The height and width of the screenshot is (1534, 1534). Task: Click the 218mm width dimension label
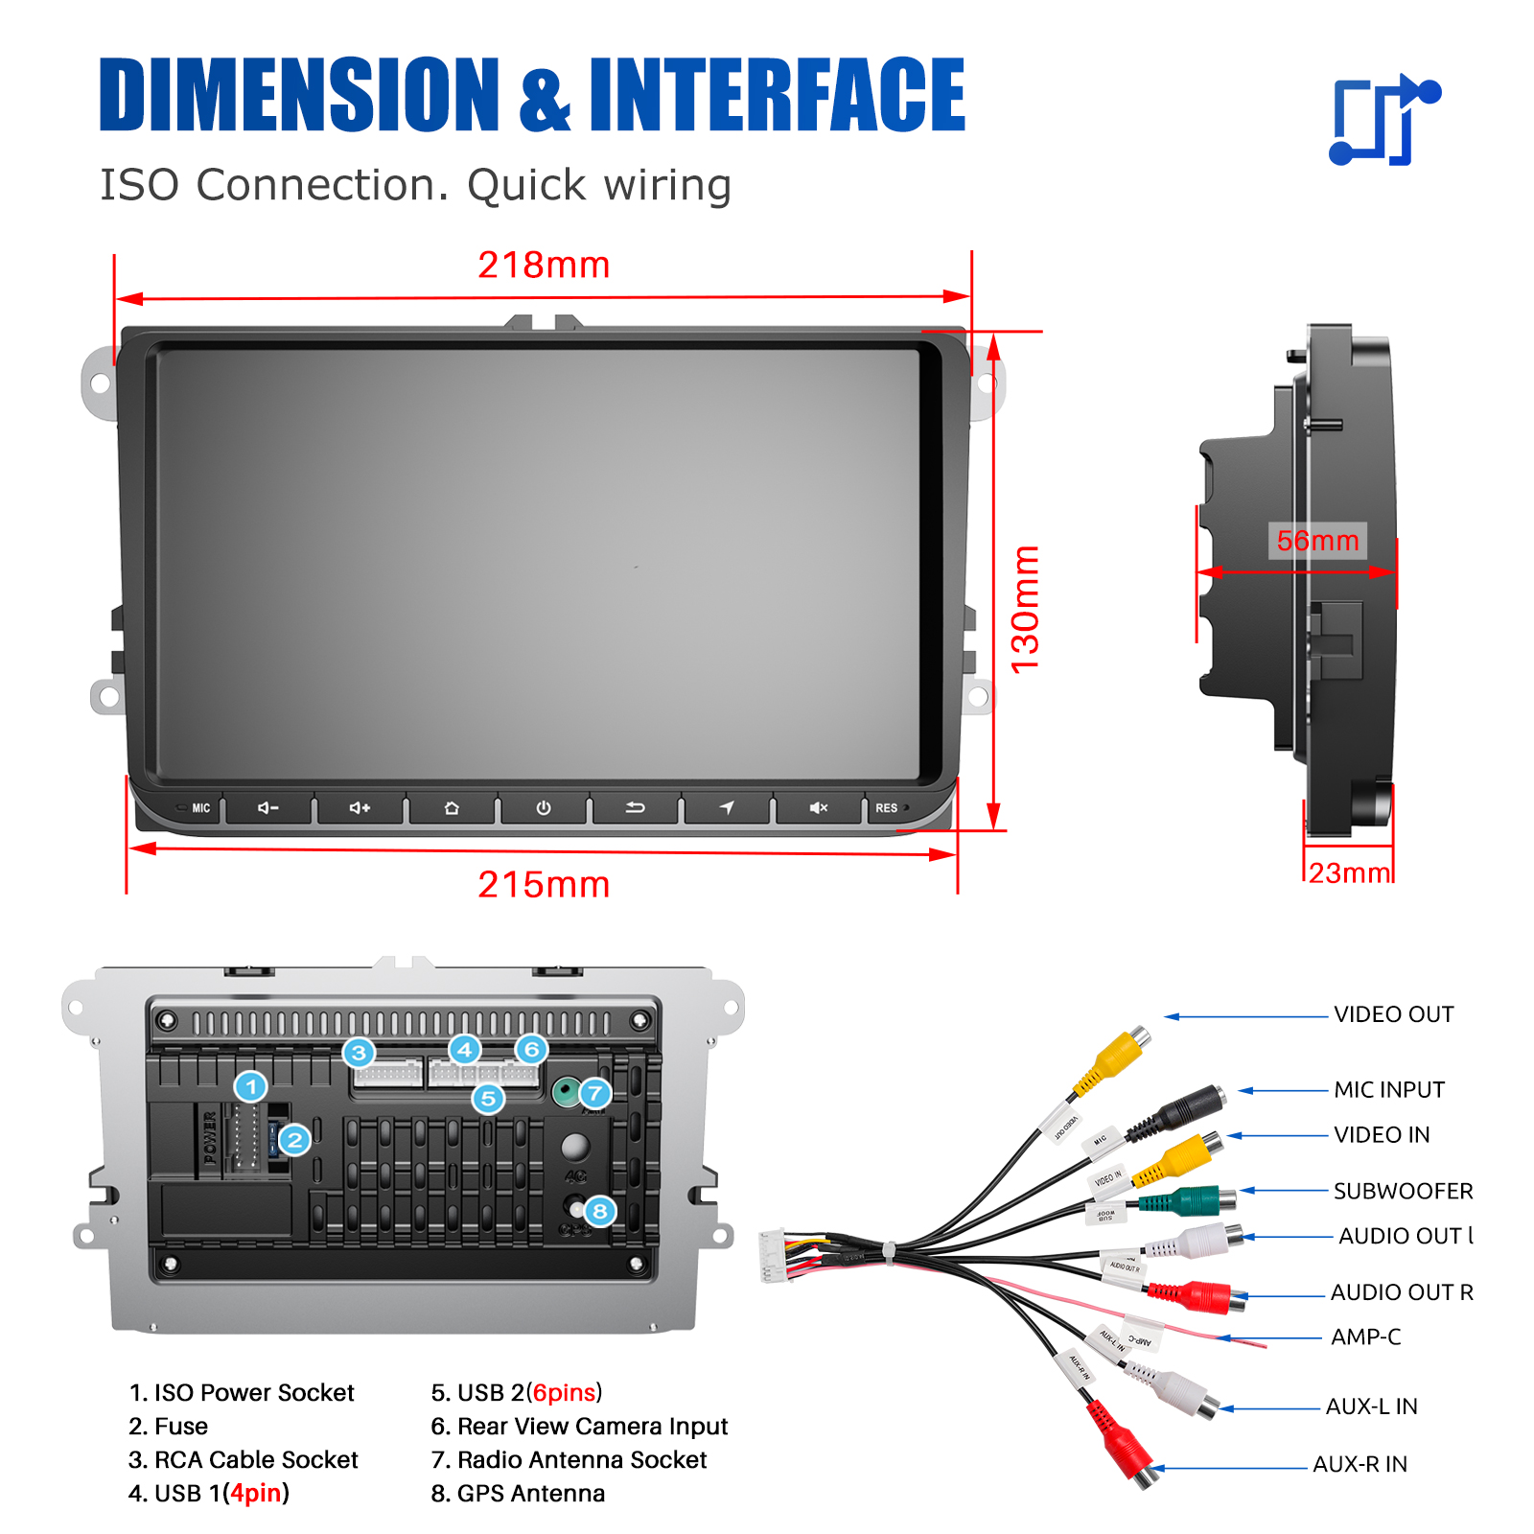click(544, 265)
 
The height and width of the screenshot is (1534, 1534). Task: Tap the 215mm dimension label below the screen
click(544, 884)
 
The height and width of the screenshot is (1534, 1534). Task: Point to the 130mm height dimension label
click(1025, 609)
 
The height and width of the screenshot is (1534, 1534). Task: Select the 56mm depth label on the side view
click(1317, 541)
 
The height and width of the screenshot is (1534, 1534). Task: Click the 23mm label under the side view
click(1349, 873)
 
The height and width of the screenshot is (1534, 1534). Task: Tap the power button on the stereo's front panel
click(543, 808)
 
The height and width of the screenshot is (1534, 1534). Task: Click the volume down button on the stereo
click(267, 808)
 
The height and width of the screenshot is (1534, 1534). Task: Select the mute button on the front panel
click(818, 808)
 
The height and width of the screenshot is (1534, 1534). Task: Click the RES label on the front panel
click(887, 808)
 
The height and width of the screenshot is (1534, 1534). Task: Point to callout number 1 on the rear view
click(251, 1087)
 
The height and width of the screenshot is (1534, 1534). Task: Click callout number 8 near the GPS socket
click(600, 1211)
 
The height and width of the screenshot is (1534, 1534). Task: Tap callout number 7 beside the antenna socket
click(595, 1093)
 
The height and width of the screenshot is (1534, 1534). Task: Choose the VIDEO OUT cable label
click(1393, 1014)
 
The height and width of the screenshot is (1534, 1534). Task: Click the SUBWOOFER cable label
click(1403, 1191)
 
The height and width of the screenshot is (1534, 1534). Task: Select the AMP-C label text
click(1365, 1336)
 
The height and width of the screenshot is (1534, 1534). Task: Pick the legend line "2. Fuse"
click(169, 1427)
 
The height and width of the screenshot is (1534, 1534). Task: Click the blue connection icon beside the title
click(1383, 120)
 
